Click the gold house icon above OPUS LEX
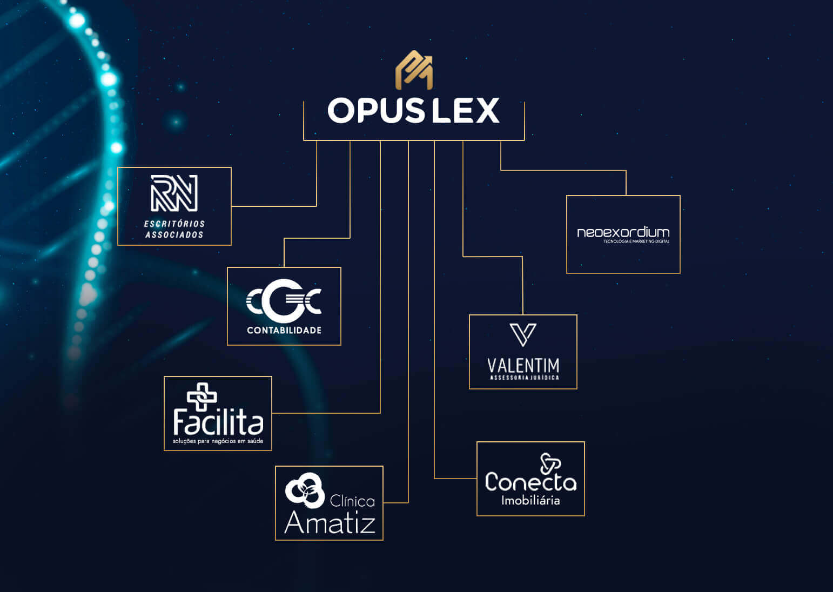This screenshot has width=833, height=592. click(x=414, y=70)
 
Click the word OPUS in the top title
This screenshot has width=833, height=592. click(x=376, y=111)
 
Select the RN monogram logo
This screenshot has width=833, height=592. click(x=174, y=193)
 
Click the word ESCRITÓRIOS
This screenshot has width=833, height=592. click(x=174, y=224)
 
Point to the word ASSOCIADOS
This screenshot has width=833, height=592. click(x=174, y=234)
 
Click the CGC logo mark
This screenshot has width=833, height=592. click(x=284, y=301)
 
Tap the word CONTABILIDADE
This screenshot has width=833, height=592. click(x=284, y=330)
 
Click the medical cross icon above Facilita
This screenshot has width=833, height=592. click(x=201, y=396)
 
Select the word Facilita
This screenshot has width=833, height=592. click(x=218, y=422)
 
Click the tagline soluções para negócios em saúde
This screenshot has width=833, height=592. click(x=218, y=441)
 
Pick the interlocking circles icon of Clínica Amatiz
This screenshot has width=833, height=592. click(x=305, y=490)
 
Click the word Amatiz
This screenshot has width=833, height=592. click(x=330, y=522)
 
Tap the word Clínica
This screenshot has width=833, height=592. click(x=352, y=501)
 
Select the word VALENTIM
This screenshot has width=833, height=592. click(x=523, y=366)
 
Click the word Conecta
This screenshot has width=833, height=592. click(x=530, y=482)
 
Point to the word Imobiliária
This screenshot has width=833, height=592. click(x=530, y=501)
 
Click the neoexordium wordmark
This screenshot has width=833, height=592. click(x=623, y=232)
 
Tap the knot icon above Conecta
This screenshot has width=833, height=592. click(x=550, y=463)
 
